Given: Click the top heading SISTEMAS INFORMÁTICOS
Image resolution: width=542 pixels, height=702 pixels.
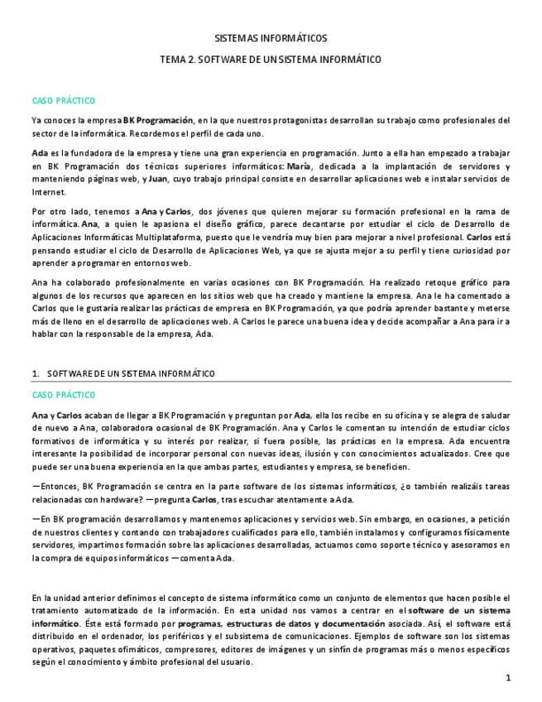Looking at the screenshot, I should point(271,38).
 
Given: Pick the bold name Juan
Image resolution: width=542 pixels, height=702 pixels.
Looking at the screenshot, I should point(157,179).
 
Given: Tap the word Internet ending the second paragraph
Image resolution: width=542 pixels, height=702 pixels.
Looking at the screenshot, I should point(49,191).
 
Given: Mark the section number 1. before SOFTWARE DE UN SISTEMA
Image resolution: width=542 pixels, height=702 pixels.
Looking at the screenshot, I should point(36,373).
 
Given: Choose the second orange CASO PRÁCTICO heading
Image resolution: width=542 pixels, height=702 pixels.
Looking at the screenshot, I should point(64,395).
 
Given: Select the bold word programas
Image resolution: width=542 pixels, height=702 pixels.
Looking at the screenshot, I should point(199,623).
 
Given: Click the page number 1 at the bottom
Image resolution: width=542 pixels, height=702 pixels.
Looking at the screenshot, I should point(508,679).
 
